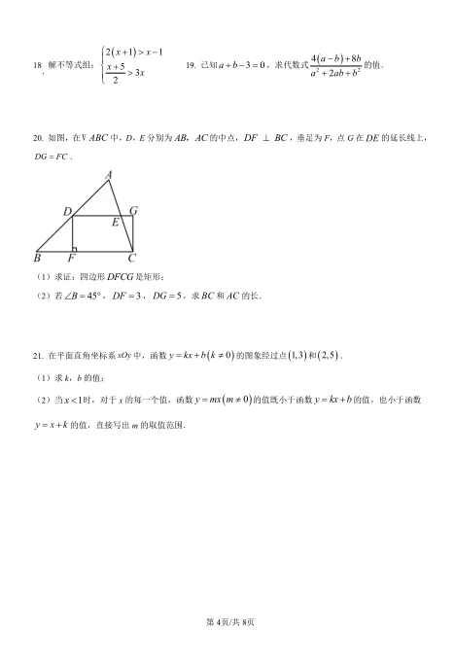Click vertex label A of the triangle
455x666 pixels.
pyautogui.click(x=108, y=175)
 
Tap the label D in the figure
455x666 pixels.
pyautogui.click(x=67, y=211)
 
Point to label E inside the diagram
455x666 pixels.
pyautogui.click(x=115, y=223)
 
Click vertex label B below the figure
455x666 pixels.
pyautogui.click(x=37, y=259)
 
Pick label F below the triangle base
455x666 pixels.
pyautogui.click(x=71, y=260)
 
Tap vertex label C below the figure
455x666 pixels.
pyautogui.click(x=132, y=259)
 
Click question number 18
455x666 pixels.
pyautogui.click(x=38, y=65)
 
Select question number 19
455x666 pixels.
pyautogui.click(x=191, y=65)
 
